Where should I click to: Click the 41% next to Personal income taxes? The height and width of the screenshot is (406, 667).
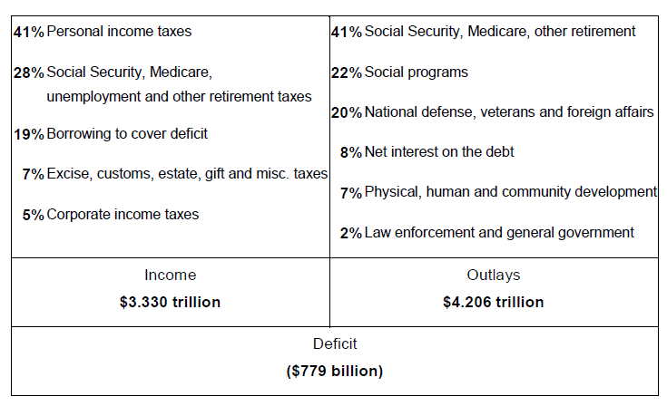(x=28, y=32)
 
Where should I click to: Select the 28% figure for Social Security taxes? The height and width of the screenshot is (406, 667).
(x=28, y=72)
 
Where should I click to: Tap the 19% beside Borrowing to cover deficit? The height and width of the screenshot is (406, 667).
(x=28, y=134)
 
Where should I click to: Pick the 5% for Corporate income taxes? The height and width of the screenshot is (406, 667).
(x=34, y=215)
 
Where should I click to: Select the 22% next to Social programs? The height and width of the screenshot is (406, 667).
(x=347, y=72)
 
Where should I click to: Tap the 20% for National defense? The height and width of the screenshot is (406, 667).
(x=347, y=112)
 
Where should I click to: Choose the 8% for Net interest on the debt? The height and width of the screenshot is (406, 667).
(x=351, y=152)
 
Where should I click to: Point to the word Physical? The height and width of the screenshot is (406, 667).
(x=393, y=192)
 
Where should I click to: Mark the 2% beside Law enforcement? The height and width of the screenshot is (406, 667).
(x=351, y=233)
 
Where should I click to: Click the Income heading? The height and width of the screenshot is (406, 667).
(x=171, y=275)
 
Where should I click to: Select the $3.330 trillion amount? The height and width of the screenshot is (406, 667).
(x=171, y=302)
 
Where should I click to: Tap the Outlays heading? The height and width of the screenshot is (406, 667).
(x=494, y=275)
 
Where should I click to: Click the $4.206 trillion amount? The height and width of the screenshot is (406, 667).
(x=494, y=302)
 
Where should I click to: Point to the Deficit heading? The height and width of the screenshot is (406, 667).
(x=335, y=344)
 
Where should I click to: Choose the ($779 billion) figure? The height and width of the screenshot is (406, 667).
(x=335, y=372)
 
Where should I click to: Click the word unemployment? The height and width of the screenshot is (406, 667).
(x=94, y=97)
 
